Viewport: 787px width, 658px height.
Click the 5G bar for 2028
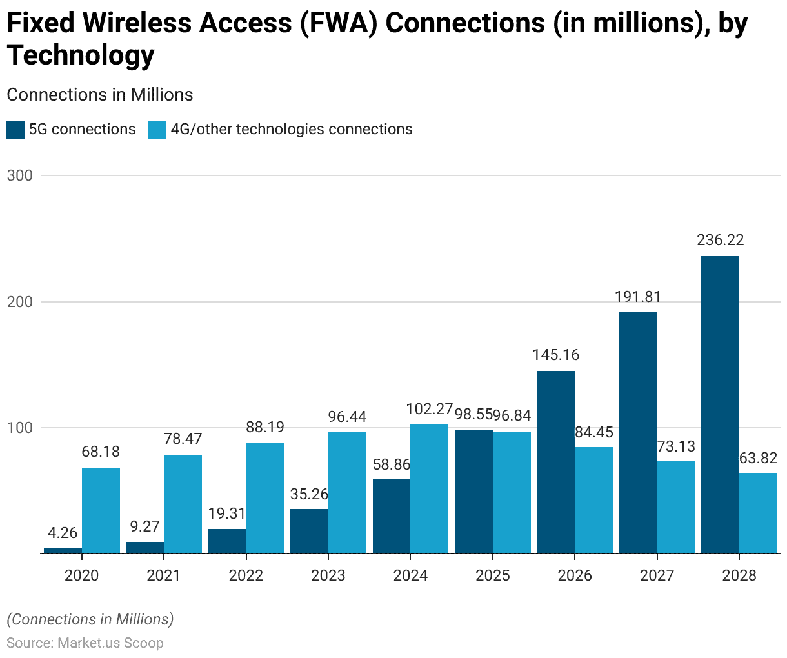pyautogui.click(x=720, y=404)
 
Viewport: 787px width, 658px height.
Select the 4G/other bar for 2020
pyautogui.click(x=101, y=510)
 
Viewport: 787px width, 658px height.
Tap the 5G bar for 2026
pyautogui.click(x=555, y=462)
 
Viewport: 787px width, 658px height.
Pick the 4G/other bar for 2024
pyautogui.click(x=429, y=488)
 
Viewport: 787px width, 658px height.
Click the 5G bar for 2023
pyautogui.click(x=309, y=531)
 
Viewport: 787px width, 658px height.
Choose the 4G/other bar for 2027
pyautogui.click(x=676, y=507)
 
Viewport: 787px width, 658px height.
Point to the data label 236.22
pyautogui.click(x=720, y=240)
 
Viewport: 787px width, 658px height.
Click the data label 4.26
pyautogui.click(x=63, y=533)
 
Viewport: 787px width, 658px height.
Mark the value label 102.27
pyautogui.click(x=430, y=409)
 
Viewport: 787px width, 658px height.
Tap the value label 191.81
pyautogui.click(x=638, y=297)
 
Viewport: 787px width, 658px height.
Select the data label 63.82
pyautogui.click(x=758, y=458)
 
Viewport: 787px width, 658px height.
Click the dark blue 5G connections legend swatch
pyautogui.click(x=15, y=130)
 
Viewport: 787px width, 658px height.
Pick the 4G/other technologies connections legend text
pyautogui.click(x=291, y=130)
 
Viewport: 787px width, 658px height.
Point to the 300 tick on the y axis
pyautogui.click(x=19, y=175)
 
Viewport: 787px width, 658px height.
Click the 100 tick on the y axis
pyautogui.click(x=19, y=428)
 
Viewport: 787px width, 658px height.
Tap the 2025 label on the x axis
pyautogui.click(x=492, y=575)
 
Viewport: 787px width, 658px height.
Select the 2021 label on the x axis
pyautogui.click(x=163, y=575)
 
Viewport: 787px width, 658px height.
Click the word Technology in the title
pyautogui.click(x=81, y=55)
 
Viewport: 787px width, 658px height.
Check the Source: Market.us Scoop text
pyautogui.click(x=85, y=643)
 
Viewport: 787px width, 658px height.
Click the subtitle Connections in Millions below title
pyautogui.click(x=100, y=95)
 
